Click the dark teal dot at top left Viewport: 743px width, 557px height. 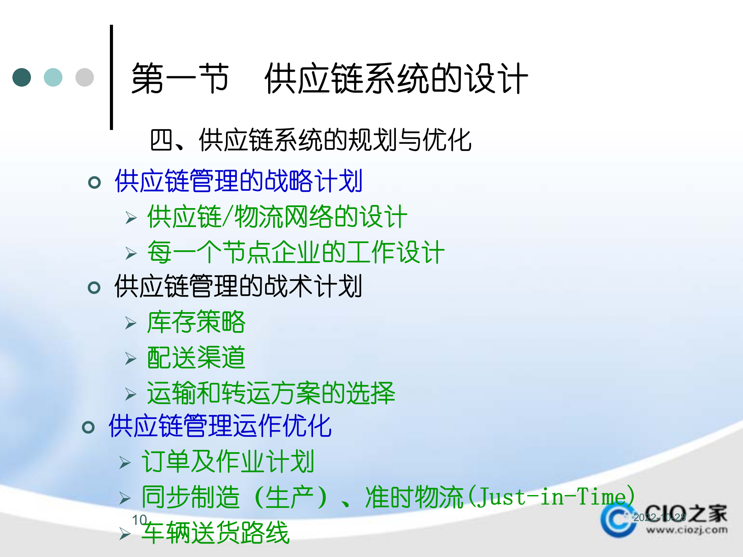(22, 77)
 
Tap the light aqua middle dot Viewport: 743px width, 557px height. (53, 77)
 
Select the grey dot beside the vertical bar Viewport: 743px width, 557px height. (84, 77)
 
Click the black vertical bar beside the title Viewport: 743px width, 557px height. (111, 77)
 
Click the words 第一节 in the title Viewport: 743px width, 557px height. (180, 79)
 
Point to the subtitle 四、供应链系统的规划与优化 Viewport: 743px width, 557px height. (310, 140)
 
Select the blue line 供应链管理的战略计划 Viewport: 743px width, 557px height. (238, 181)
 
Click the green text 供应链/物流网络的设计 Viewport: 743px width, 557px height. (277, 217)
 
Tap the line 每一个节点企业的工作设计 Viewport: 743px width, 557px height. (296, 252)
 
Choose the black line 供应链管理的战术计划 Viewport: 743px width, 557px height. (238, 286)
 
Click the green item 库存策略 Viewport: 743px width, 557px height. (196, 322)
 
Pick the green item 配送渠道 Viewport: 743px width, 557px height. (196, 357)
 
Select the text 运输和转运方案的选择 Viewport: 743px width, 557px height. (271, 393)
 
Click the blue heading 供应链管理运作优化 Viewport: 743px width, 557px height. (220, 426)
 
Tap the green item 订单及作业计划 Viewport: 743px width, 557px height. (228, 462)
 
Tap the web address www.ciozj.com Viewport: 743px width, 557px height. (687, 530)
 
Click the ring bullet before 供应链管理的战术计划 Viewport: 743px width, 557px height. (94, 287)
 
